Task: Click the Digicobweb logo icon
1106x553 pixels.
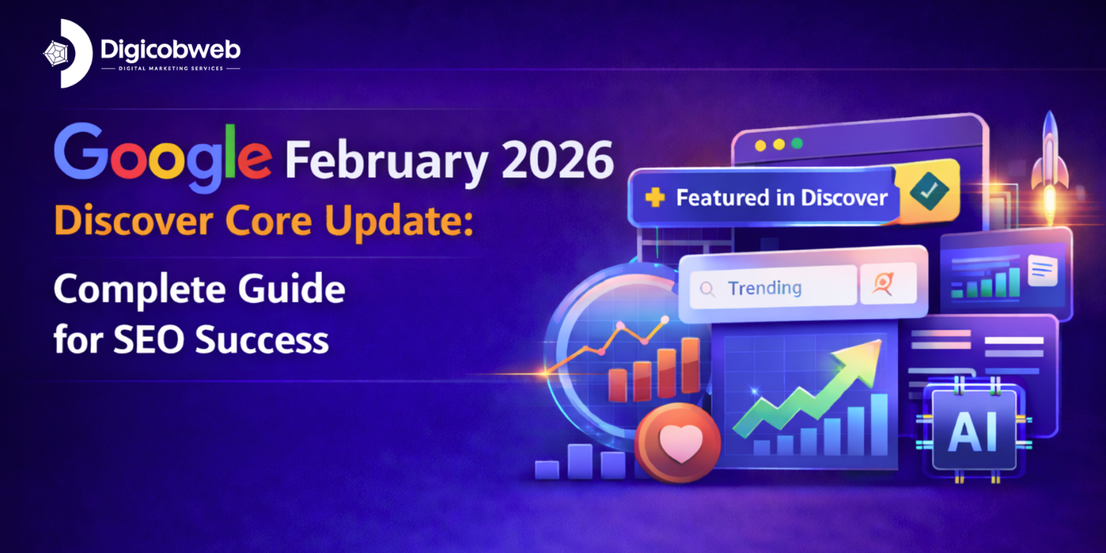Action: coord(68,53)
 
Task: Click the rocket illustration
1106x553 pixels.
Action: coord(1051,159)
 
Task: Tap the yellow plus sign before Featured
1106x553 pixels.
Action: coord(654,198)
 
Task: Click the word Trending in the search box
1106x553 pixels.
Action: coord(764,288)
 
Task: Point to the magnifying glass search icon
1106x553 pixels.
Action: coord(707,289)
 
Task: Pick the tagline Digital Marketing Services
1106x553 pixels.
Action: coord(170,69)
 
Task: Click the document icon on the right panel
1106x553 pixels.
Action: coord(1041,271)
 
